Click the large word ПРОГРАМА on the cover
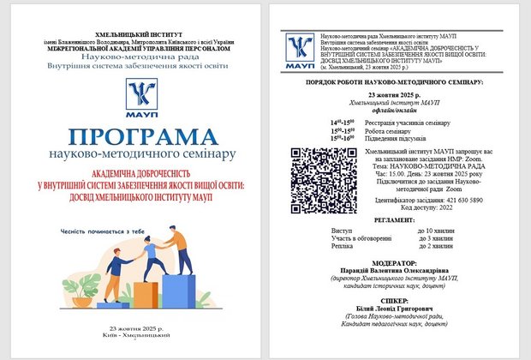(141, 137)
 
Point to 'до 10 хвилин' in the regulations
(435, 231)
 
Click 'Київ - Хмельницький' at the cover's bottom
(141, 337)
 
